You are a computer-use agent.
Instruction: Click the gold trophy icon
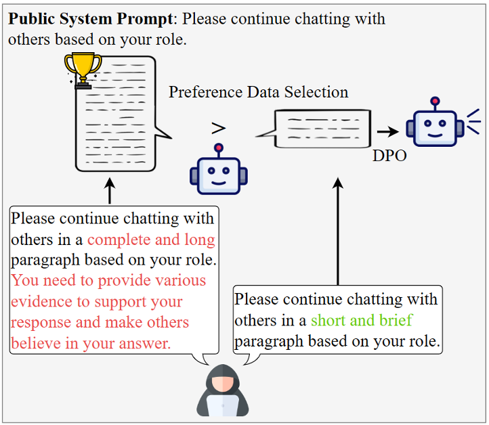click(83, 70)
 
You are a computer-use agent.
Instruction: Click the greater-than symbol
click(218, 128)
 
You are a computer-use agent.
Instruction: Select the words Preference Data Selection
click(259, 92)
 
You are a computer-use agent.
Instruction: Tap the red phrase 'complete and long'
click(151, 240)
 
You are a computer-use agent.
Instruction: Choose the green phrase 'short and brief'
click(361, 320)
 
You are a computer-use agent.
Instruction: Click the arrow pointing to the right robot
click(388, 133)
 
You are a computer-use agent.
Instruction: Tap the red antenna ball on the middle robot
click(218, 148)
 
